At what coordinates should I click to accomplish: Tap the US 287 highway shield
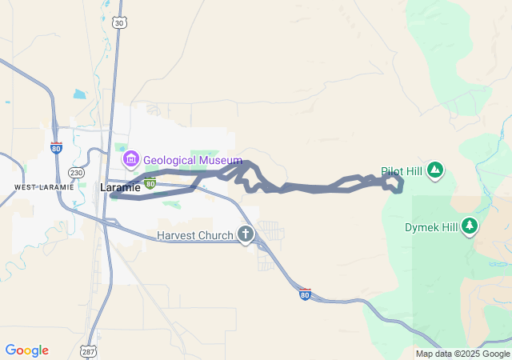pos(87,351)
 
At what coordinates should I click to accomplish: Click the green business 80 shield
pos(150,183)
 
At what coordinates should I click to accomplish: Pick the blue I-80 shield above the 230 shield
pos(56,148)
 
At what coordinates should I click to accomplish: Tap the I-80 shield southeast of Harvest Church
pos(305,294)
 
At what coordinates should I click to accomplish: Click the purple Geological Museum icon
pos(130,160)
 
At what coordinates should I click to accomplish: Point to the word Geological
pos(170,161)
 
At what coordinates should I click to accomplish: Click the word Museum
pos(221,161)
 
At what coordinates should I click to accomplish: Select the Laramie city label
pos(121,187)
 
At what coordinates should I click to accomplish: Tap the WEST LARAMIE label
pos(44,187)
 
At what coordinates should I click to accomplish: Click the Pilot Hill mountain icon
pos(434,170)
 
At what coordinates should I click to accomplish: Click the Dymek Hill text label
pos(430,227)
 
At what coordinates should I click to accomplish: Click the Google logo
pos(26,350)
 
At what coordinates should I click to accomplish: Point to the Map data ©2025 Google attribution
pos(462,354)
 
